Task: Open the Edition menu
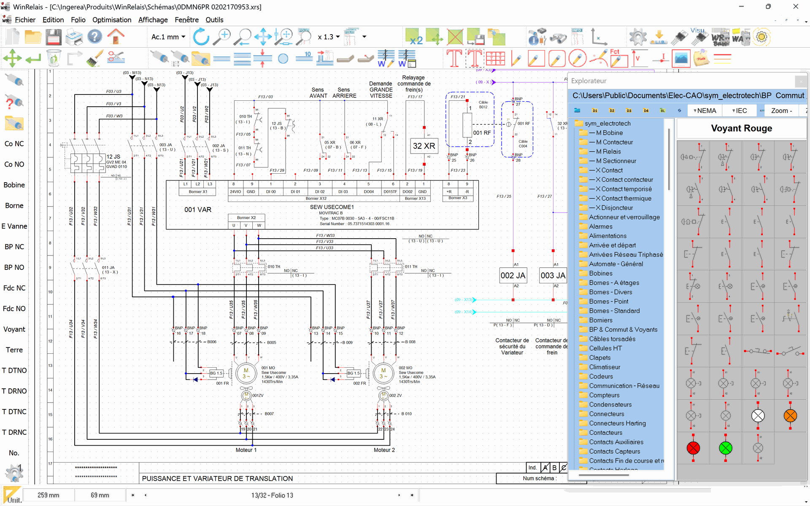(53, 20)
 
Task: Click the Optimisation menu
(112, 20)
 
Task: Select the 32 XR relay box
(424, 146)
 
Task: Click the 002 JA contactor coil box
(513, 275)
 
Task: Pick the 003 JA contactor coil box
(553, 275)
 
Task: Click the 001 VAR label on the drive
(198, 210)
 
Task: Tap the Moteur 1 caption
(246, 450)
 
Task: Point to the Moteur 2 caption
(384, 450)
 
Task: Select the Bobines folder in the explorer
(600, 273)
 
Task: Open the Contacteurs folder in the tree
(605, 433)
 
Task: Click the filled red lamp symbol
(693, 448)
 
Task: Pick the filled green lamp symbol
(726, 448)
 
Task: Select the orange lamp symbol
(790, 416)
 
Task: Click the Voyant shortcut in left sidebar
(14, 329)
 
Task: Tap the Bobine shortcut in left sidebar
(14, 185)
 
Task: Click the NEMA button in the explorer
(705, 110)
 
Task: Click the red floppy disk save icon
(54, 37)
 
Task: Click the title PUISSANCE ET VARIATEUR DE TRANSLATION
(217, 479)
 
